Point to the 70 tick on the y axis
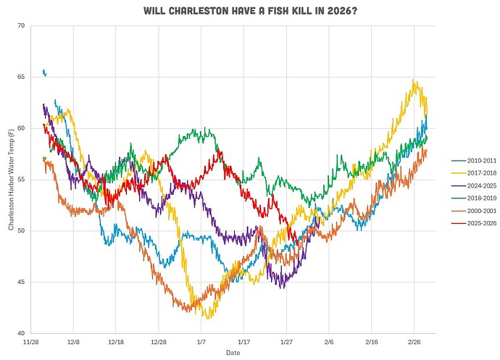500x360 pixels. point(20,26)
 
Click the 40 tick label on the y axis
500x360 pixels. point(20,333)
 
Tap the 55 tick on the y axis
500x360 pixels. point(20,180)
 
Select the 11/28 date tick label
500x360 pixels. point(31,340)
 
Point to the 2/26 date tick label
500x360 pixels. point(414,340)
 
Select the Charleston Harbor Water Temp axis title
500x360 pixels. point(10,180)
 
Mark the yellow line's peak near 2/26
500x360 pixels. point(413,80)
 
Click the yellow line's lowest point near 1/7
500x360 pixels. point(209,318)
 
